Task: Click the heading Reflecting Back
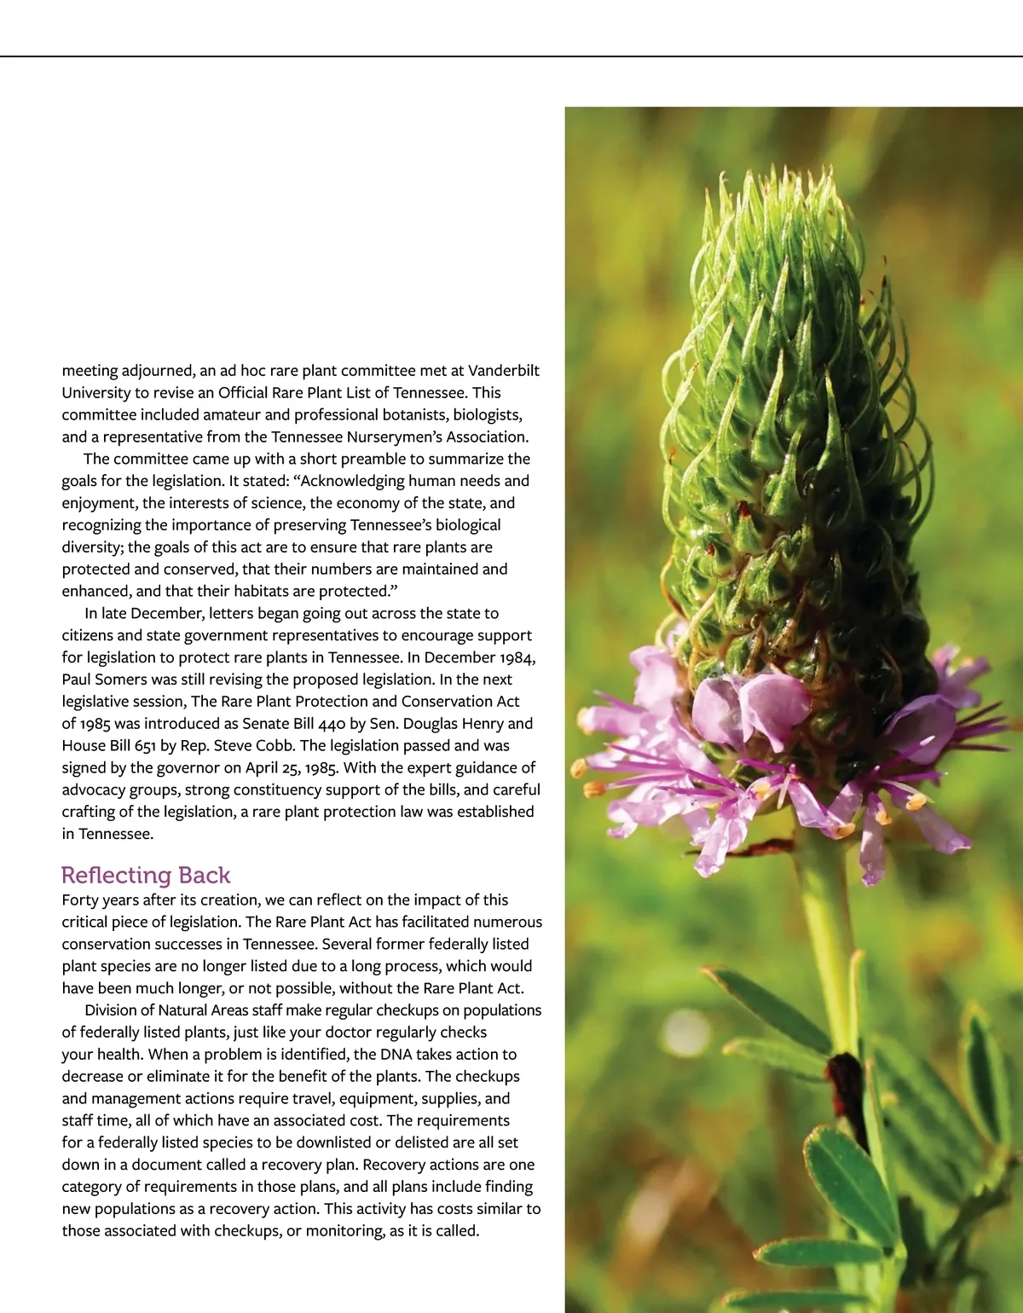click(x=146, y=876)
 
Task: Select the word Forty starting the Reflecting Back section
click(x=80, y=899)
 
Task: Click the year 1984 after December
click(x=513, y=657)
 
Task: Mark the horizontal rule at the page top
click(x=511, y=56)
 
